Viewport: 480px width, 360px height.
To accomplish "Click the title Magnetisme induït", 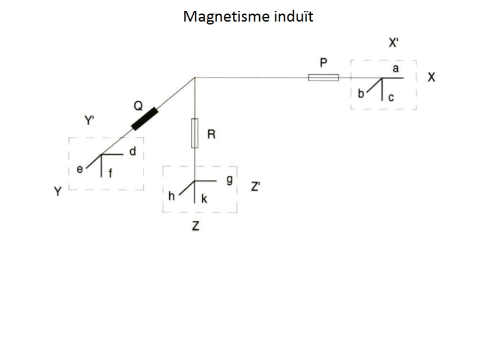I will coord(248,16).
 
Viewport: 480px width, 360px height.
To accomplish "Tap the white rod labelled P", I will coord(323,77).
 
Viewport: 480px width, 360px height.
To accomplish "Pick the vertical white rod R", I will coord(194,133).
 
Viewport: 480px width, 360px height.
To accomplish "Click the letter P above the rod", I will coord(323,62).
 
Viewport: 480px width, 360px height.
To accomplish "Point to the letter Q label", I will coord(137,106).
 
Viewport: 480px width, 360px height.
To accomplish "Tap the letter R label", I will coord(211,135).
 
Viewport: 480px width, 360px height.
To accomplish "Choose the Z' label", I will coord(256,187).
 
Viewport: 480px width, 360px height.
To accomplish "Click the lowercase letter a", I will coord(395,69).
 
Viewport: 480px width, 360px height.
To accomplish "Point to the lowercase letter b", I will coord(361,94).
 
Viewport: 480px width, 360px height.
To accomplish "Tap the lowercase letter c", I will coord(390,98).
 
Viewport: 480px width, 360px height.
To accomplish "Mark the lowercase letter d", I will coord(133,151).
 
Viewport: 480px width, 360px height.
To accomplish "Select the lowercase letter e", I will coord(79,170).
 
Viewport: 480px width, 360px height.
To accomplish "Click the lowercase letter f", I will coord(109,174).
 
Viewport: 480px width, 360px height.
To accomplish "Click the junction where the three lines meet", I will coord(195,77).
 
